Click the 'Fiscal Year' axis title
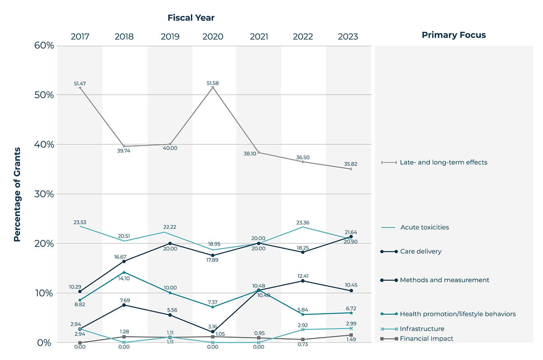[191, 18]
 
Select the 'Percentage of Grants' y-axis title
[17, 194]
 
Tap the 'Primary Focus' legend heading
[453, 35]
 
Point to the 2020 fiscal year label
[213, 37]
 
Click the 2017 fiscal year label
[80, 37]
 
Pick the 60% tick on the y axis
[43, 46]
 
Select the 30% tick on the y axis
[43, 194]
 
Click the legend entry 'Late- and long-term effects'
[443, 162]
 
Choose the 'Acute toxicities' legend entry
[424, 227]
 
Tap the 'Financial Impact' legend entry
[426, 338]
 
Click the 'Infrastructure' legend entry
[422, 329]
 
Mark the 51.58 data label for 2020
[213, 83]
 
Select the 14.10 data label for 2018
[124, 279]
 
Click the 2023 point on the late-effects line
[351, 169]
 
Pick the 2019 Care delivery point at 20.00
[170, 243]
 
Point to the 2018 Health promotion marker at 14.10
[124, 272]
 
